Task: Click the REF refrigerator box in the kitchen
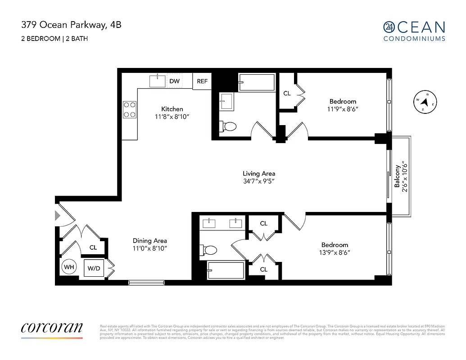[202, 81]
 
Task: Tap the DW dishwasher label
[174, 81]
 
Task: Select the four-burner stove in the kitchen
[130, 109]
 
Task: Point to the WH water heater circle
[69, 267]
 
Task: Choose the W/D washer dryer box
[94, 269]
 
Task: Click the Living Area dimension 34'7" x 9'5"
[258, 181]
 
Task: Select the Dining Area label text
[149, 241]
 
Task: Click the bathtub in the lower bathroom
[225, 270]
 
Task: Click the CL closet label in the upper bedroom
[287, 94]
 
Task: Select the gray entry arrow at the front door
[57, 216]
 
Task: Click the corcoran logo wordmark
[52, 328]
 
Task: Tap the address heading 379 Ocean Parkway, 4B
[71, 25]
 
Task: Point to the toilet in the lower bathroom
[210, 249]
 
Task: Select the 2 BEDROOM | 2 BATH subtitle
[54, 39]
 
